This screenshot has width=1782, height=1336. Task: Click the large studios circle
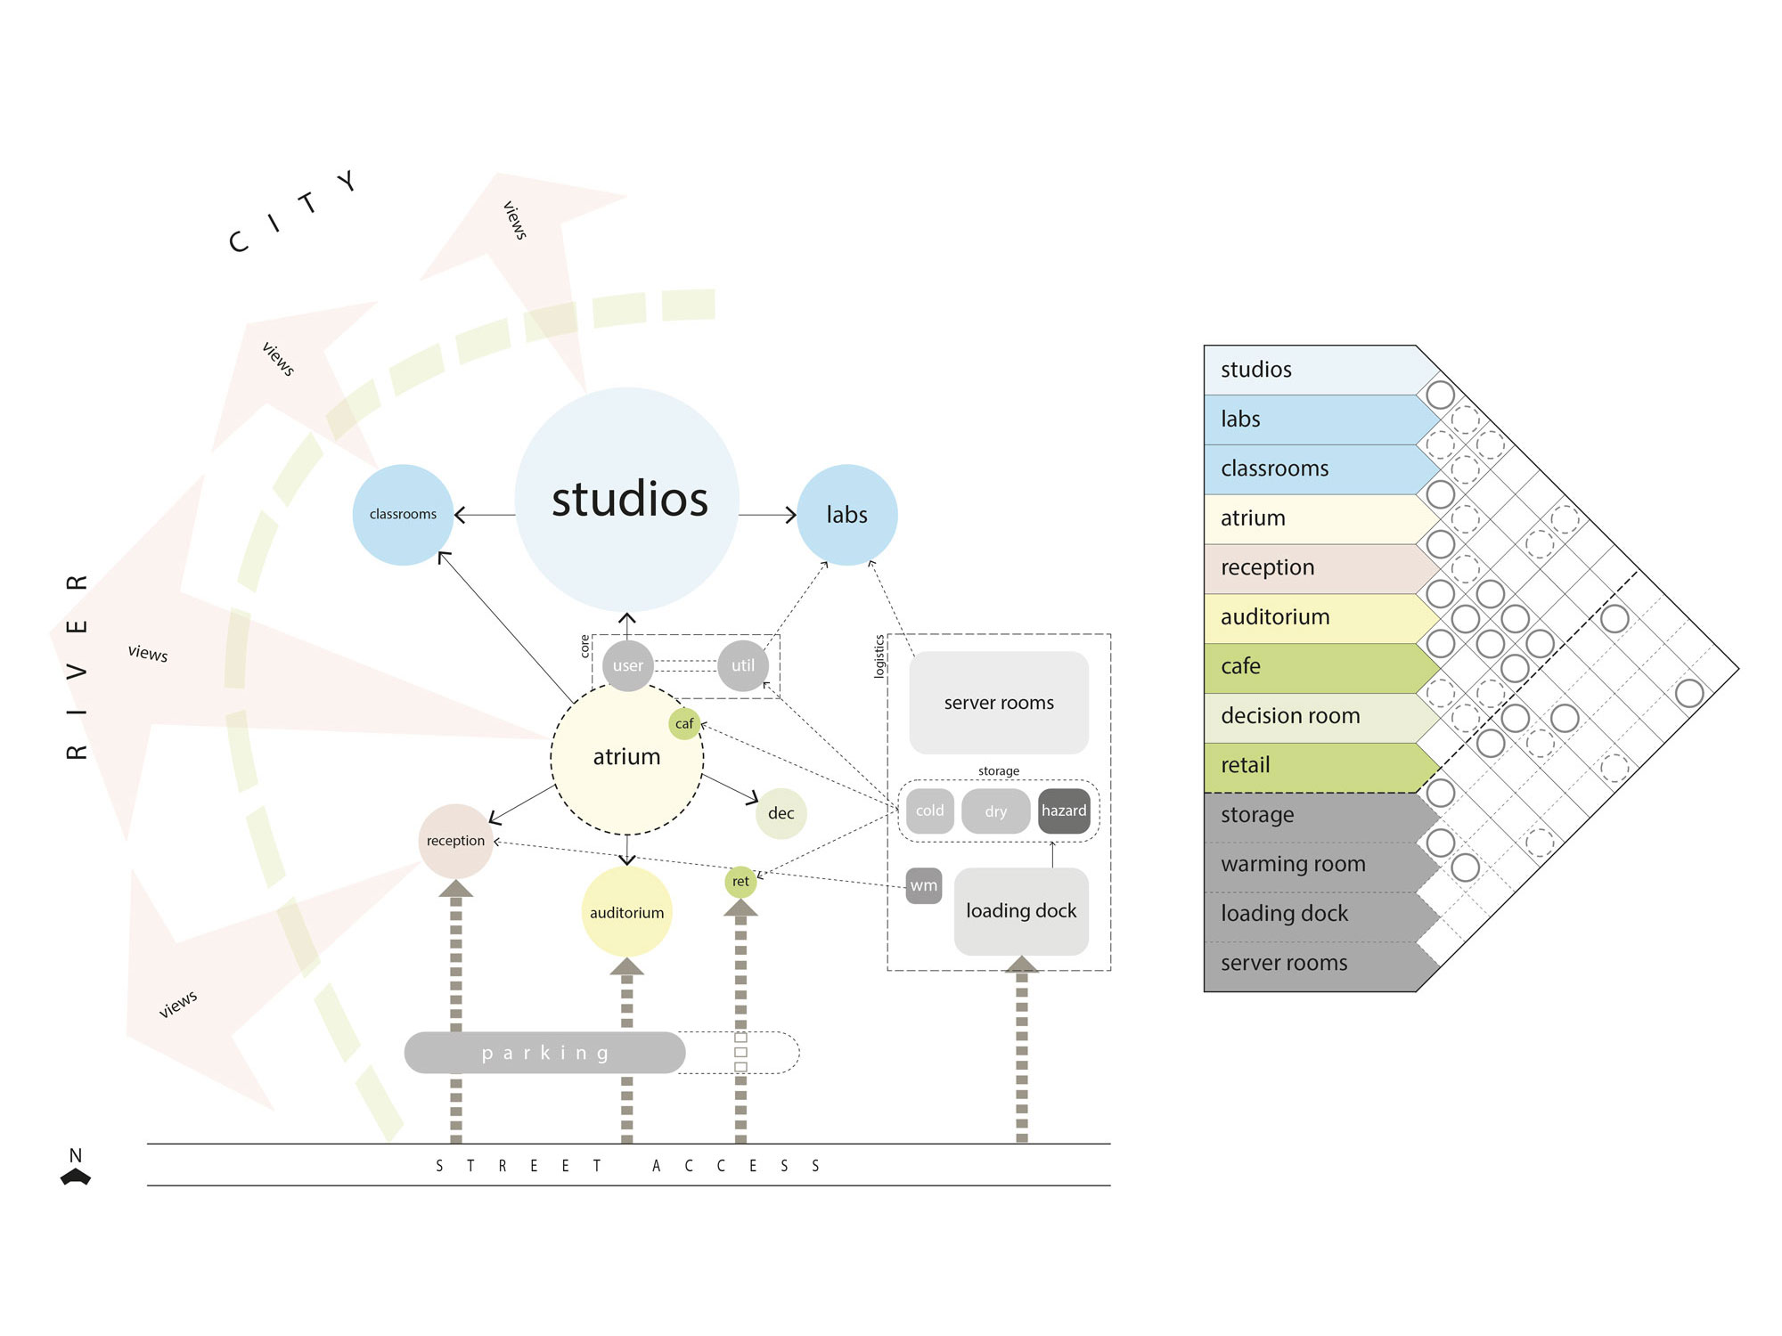[627, 500]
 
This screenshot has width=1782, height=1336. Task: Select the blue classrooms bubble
[403, 515]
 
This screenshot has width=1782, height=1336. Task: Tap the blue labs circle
[846, 515]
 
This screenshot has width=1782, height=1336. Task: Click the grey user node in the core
[627, 665]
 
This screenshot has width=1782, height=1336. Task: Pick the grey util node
[742, 665]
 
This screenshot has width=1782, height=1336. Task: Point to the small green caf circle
[684, 723]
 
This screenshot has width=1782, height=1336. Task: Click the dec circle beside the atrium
[781, 813]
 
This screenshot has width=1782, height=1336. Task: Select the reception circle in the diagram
[455, 841]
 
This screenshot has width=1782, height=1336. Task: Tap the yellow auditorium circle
[626, 912]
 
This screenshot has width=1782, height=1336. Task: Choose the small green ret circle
[740, 882]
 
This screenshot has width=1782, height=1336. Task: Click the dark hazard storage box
[1064, 811]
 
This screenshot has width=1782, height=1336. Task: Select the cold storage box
[929, 811]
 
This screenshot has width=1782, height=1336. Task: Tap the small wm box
[923, 885]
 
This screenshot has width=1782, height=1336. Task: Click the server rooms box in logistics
[999, 703]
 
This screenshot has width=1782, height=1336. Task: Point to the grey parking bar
[544, 1053]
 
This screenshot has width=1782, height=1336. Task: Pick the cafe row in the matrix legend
[1310, 666]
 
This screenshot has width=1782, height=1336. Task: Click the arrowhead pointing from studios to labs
[791, 515]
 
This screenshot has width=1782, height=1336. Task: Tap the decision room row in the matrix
[1310, 716]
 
